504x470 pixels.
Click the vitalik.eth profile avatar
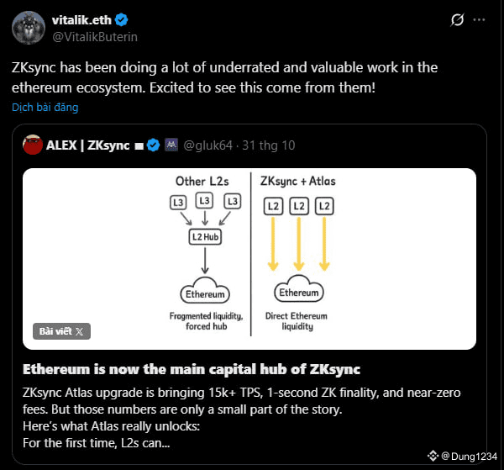[x=29, y=28]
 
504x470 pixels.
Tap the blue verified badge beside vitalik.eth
[x=122, y=20]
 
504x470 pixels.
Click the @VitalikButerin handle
[x=95, y=37]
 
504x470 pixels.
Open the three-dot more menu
[x=479, y=20]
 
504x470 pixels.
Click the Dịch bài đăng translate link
[x=45, y=107]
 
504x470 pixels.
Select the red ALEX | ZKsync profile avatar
[x=33, y=145]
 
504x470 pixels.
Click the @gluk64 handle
[x=207, y=145]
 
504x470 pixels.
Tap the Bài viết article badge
[x=61, y=331]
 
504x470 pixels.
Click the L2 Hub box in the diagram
[x=205, y=237]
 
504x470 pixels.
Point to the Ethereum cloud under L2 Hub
[x=205, y=291]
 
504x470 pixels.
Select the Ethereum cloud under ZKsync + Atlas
[x=298, y=289]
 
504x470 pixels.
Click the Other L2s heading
[x=202, y=181]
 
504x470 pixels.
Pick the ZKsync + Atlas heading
[x=297, y=181]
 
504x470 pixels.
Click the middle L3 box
[x=204, y=201]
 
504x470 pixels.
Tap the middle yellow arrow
[x=298, y=244]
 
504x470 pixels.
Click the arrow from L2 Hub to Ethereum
[x=205, y=260]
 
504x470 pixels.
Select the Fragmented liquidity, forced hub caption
[x=206, y=321]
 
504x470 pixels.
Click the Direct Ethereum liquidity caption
[x=297, y=321]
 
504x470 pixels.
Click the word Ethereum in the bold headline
[x=56, y=369]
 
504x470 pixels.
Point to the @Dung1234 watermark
[x=463, y=457]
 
